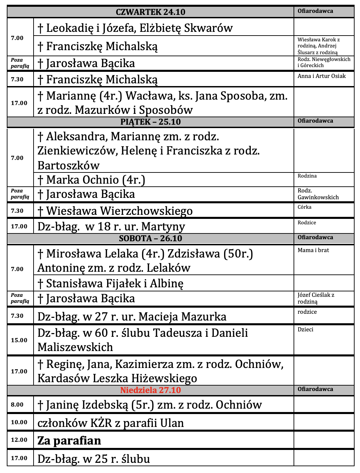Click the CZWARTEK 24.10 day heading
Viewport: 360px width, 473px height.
click(x=151, y=12)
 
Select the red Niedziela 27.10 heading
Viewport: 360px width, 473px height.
click(x=151, y=390)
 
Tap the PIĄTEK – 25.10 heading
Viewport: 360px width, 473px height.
click(x=151, y=122)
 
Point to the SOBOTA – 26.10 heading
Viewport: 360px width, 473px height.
click(x=151, y=239)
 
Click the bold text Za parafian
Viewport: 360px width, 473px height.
click(x=69, y=440)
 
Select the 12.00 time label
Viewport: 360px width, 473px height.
click(x=19, y=440)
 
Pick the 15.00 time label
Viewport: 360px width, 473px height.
click(x=19, y=340)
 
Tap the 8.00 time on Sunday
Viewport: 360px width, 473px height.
click(x=17, y=405)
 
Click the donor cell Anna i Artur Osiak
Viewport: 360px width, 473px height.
click(x=321, y=76)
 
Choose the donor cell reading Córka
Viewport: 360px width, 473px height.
click(x=304, y=207)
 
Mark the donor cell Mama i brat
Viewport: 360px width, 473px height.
click(x=313, y=250)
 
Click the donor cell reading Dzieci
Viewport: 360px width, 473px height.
click(x=305, y=330)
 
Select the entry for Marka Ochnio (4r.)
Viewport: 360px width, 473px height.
click(x=92, y=180)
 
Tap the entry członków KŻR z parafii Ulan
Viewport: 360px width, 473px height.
click(x=111, y=423)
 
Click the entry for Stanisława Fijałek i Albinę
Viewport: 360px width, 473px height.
click(x=111, y=283)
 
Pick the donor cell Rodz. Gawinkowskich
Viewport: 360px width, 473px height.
click(x=318, y=194)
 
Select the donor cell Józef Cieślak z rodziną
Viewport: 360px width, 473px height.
click(x=316, y=298)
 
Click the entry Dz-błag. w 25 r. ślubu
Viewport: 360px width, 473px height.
click(x=94, y=459)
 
